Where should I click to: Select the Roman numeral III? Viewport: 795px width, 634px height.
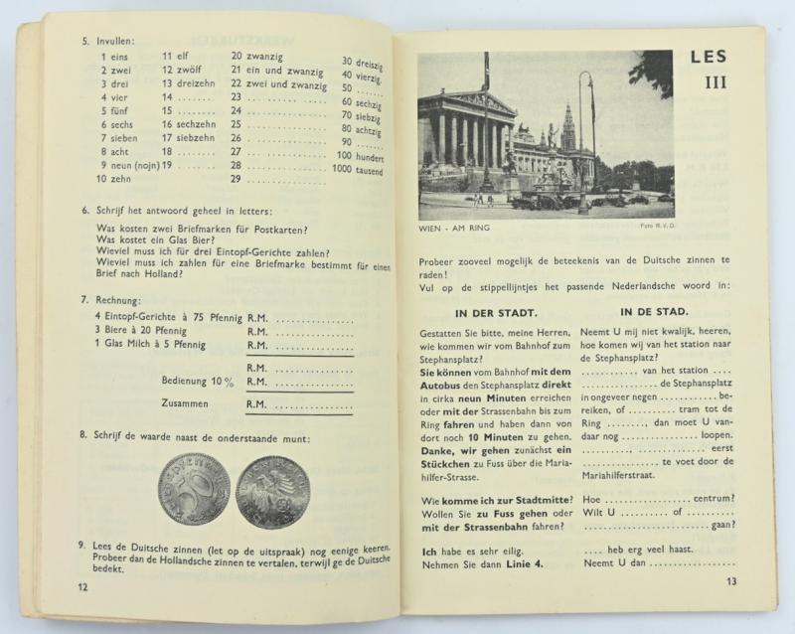click(x=715, y=82)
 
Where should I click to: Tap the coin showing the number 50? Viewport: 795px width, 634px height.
click(x=194, y=491)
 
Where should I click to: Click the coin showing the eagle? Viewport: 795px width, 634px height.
click(x=271, y=491)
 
